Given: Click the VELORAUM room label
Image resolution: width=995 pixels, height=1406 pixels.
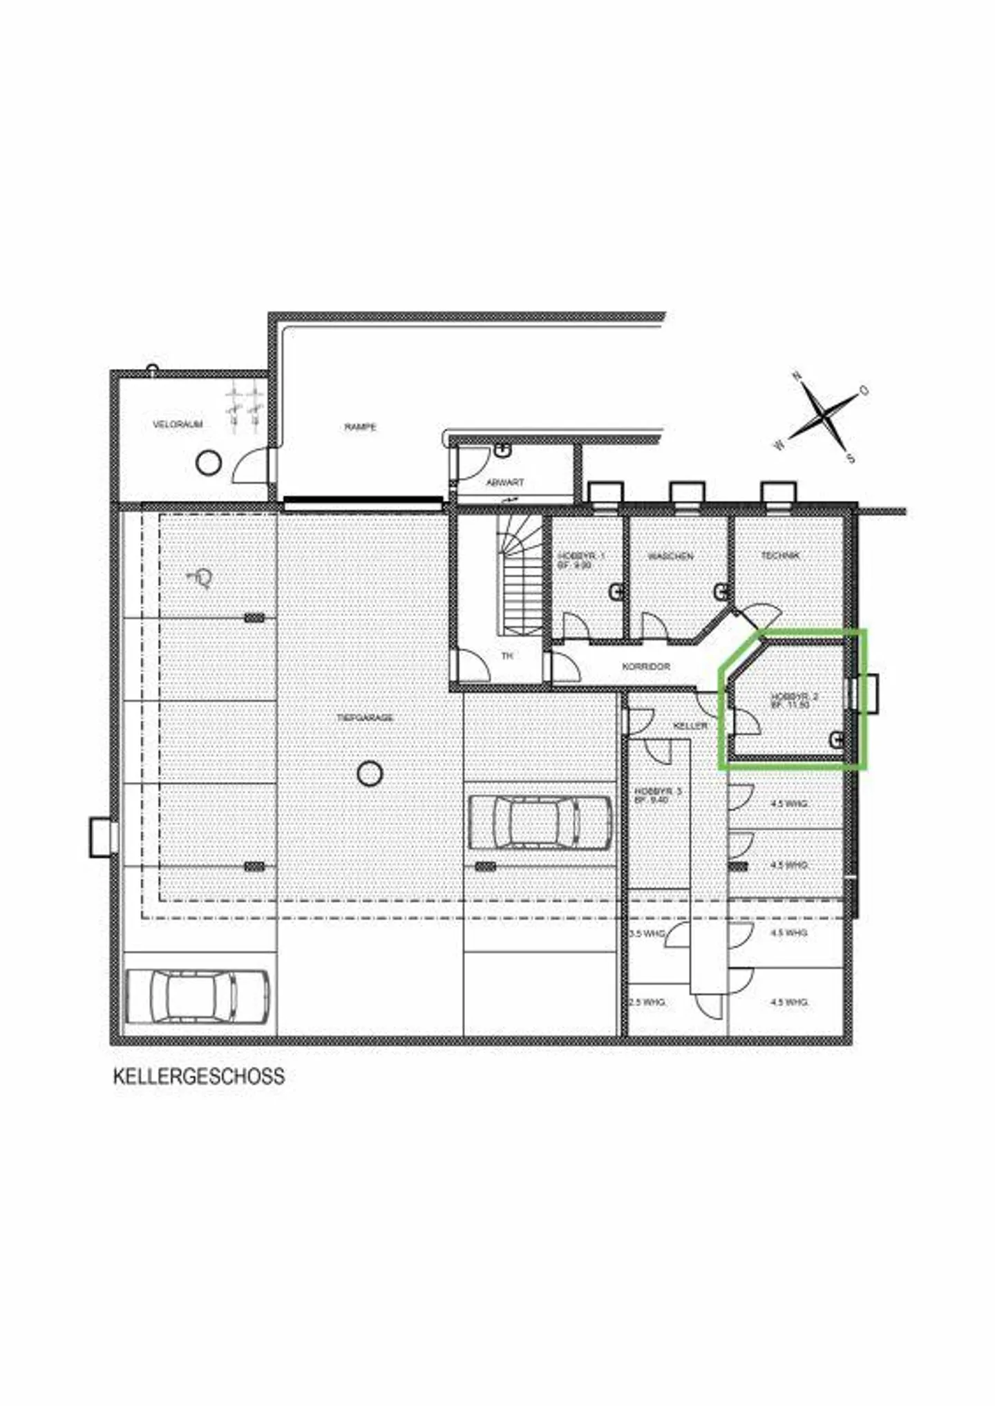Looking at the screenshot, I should click(x=178, y=424).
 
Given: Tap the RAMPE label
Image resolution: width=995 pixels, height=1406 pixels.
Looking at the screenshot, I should click(x=360, y=427).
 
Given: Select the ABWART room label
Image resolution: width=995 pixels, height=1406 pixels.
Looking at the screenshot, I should click(x=505, y=482).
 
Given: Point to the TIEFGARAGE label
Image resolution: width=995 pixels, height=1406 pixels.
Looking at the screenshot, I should click(x=366, y=718).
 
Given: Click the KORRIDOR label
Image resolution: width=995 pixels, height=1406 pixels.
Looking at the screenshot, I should click(x=646, y=667).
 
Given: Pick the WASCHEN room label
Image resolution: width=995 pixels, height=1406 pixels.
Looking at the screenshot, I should click(x=670, y=555).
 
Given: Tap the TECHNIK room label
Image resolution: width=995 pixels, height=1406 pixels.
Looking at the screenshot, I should click(x=780, y=555).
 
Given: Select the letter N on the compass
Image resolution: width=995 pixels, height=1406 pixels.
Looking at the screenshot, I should click(x=797, y=377).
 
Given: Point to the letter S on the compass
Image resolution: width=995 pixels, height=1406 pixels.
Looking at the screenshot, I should click(x=851, y=458).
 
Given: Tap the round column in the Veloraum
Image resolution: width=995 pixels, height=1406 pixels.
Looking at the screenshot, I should click(x=208, y=462).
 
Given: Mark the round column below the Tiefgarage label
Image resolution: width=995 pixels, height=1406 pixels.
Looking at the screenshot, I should click(x=370, y=773).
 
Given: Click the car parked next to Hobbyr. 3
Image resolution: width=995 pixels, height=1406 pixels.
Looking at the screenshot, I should click(x=540, y=822).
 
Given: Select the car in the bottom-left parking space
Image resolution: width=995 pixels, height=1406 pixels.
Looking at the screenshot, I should click(x=198, y=997).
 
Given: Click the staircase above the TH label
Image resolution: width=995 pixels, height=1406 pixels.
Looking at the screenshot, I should click(x=521, y=580).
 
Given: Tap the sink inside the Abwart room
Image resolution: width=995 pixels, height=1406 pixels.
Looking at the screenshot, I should click(x=503, y=450).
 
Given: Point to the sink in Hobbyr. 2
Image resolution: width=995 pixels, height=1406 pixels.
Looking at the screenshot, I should click(x=837, y=740).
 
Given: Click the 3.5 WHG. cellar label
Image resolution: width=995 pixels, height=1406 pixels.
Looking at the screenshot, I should click(x=647, y=933).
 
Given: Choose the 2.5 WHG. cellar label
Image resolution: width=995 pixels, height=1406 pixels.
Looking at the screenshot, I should click(x=647, y=1002).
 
